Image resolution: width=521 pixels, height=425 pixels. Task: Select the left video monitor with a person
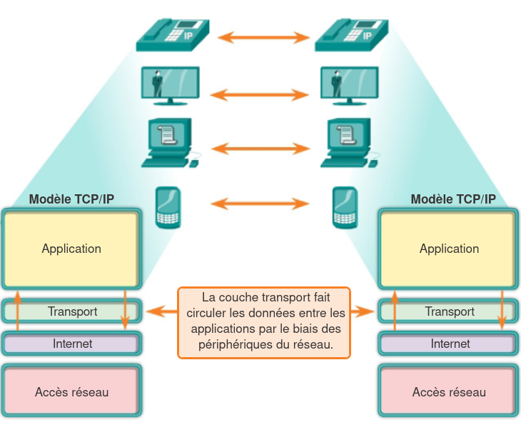[x=171, y=86]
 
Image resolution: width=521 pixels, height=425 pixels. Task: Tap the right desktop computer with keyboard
[x=350, y=143]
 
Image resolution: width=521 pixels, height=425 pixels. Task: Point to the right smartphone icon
[x=344, y=208]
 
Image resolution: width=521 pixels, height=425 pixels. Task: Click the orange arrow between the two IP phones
[x=262, y=37]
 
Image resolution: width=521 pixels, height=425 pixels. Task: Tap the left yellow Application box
[x=71, y=249]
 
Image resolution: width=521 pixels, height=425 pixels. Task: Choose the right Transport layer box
[x=450, y=311]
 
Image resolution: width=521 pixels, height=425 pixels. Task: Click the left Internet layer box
[x=72, y=344]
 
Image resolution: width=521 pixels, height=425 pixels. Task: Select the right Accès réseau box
[x=449, y=392]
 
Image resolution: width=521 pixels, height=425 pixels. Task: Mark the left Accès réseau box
[x=71, y=392]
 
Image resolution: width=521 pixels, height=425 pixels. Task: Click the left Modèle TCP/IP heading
[x=71, y=199]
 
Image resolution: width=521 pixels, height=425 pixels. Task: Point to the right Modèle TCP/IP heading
[x=453, y=199]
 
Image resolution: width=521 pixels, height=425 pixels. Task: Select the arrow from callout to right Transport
[x=363, y=311]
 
